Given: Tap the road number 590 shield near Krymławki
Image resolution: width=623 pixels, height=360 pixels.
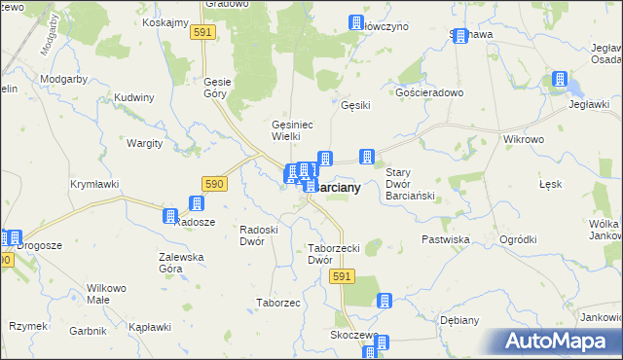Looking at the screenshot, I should point(215,183).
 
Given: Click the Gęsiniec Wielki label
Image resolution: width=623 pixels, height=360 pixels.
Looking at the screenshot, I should point(291,129).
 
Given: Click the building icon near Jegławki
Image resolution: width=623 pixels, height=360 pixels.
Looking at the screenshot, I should point(561,80).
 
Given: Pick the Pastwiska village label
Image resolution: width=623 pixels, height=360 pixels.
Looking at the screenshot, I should point(446,238).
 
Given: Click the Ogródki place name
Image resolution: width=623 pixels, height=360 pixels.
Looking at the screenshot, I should point(517,239).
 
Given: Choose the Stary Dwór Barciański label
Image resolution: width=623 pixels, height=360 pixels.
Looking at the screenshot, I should point(409,184).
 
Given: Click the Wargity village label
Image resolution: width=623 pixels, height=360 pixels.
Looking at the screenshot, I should point(144,143).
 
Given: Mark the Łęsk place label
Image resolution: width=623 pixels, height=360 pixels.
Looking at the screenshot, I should point(550,184).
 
